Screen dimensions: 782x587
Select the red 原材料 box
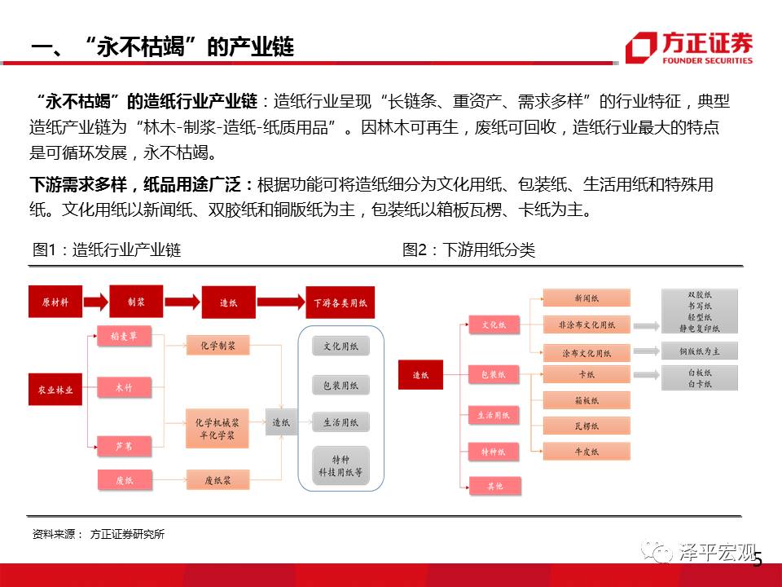coord(55,302)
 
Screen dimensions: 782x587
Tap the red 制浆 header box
coord(136,301)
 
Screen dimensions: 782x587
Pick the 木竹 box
coord(122,388)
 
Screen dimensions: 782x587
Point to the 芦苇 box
coord(122,446)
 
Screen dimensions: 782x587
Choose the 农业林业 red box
coord(55,390)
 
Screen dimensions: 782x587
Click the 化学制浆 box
coord(217,345)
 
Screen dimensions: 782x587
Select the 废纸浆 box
coord(216,480)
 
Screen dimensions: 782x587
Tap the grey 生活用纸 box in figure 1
coord(340,422)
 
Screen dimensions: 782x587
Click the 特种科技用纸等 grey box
coord(340,466)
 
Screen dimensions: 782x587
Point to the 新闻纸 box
coord(586,298)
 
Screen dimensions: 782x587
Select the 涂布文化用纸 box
coord(586,353)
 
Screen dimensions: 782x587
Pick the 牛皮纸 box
coord(586,451)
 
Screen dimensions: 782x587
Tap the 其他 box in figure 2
coord(494,486)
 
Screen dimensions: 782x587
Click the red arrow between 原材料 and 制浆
coord(94,302)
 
